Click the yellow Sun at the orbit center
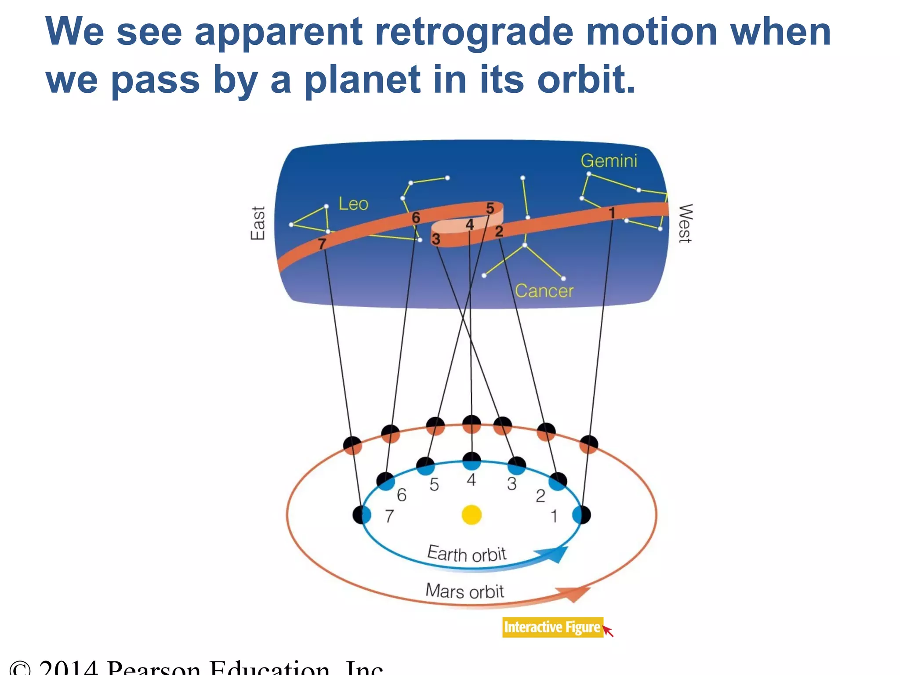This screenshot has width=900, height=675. tap(472, 515)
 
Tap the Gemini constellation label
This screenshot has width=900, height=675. tap(609, 161)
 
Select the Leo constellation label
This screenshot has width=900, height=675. tap(353, 204)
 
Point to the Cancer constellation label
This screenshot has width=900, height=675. tap(544, 291)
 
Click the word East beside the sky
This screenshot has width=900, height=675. tap(258, 223)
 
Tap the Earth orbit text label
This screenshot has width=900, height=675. tap(467, 554)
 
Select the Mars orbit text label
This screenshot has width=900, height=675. tap(465, 591)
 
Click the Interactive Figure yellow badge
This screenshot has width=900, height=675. tap(552, 627)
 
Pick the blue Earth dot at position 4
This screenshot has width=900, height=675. tap(472, 462)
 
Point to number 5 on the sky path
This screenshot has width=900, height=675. tap(490, 208)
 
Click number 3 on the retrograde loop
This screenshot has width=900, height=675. tap(436, 239)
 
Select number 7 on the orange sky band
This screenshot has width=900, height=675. tap(322, 243)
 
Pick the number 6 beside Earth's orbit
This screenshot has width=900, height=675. tap(401, 495)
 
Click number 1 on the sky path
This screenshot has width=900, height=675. tap(612, 213)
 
